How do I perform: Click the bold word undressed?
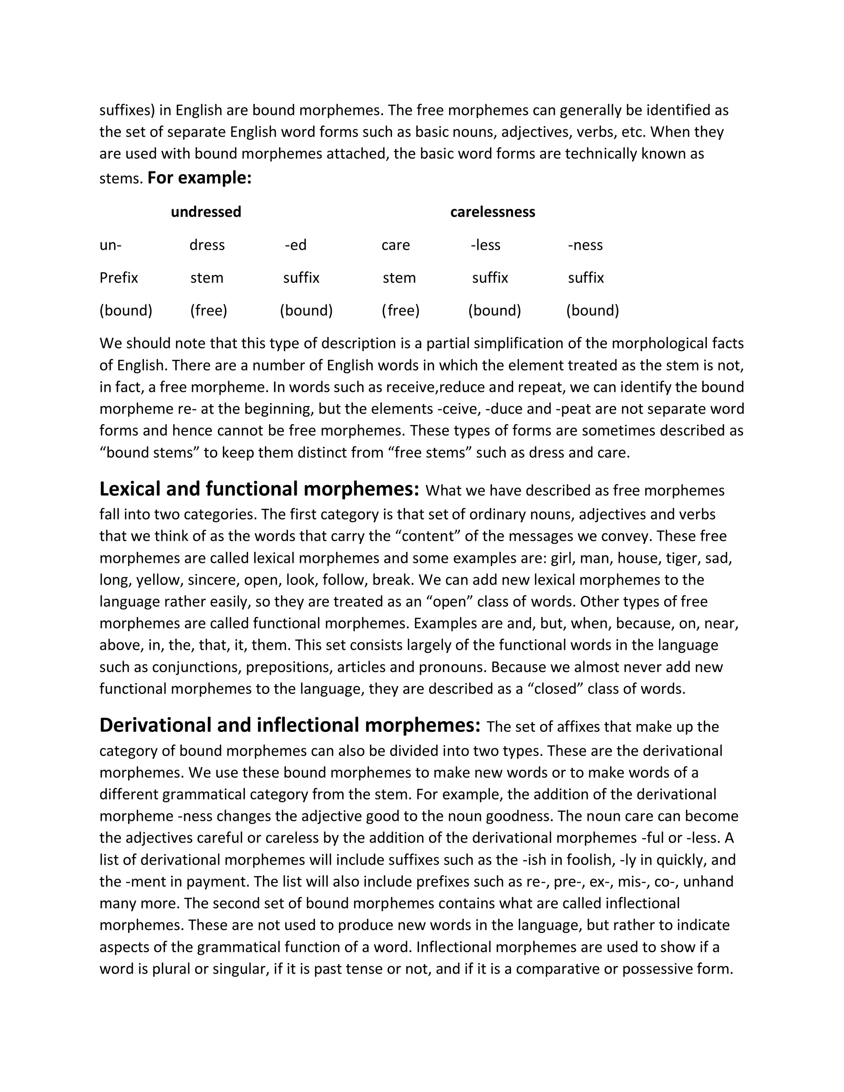tap(206, 212)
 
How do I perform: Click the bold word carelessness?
tap(492, 212)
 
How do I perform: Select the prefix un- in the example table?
tap(110, 245)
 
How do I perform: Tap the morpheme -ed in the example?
tap(295, 245)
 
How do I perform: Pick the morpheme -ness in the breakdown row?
tap(585, 245)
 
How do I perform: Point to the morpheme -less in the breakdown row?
tap(485, 245)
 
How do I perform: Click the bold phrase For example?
tap(199, 178)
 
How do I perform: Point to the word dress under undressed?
tap(207, 245)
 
